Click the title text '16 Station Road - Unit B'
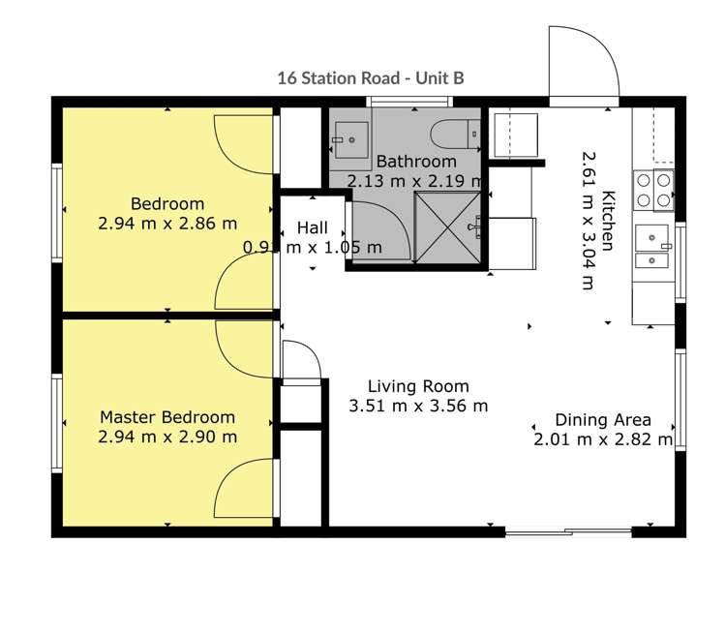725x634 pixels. click(370, 76)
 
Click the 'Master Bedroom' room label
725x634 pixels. click(167, 417)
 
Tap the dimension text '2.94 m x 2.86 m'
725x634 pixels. click(167, 224)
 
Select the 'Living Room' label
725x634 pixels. click(418, 386)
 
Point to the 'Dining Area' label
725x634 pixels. click(602, 420)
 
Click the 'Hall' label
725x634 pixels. click(312, 228)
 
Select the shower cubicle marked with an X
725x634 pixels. click(447, 227)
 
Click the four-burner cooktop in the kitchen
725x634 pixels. click(652, 190)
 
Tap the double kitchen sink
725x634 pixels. click(652, 247)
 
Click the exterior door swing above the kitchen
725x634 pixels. click(583, 64)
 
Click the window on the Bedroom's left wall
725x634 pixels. click(57, 211)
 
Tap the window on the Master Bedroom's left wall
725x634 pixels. click(57, 423)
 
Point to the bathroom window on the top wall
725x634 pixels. click(397, 102)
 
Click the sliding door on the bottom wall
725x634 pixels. click(567, 531)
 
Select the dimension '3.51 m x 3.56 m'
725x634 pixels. click(418, 407)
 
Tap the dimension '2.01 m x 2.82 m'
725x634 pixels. click(602, 440)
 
